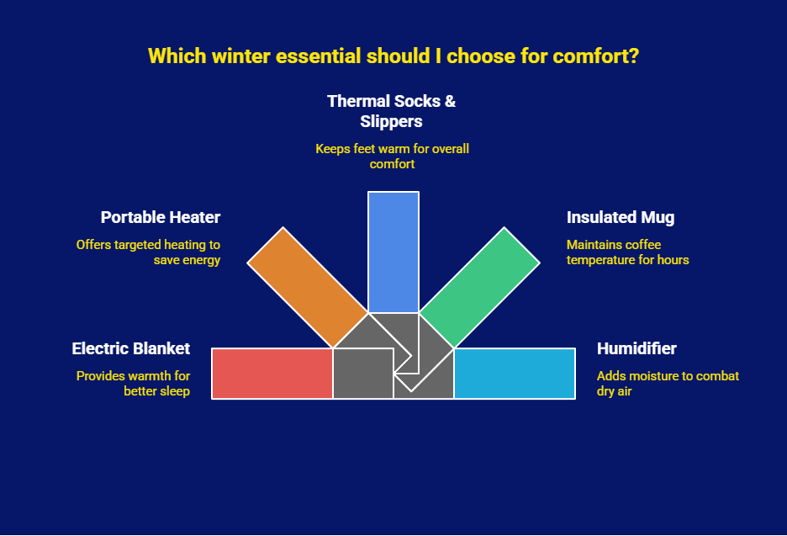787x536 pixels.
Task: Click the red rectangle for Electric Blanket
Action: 272,374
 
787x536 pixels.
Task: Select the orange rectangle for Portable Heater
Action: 308,287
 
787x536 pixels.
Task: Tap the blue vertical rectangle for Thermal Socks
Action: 393,252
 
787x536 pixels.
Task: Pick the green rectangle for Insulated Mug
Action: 479,287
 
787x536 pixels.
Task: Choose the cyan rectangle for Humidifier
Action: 515,374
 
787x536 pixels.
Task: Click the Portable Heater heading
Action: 161,217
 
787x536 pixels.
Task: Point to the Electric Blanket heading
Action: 131,348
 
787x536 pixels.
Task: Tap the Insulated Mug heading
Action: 621,217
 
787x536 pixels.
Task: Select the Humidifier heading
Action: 636,348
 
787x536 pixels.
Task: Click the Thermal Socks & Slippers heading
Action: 392,111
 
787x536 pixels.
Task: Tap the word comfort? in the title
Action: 596,56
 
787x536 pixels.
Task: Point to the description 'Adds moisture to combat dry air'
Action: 668,384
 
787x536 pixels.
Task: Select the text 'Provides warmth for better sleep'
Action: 133,384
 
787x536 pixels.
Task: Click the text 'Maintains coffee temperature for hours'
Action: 628,252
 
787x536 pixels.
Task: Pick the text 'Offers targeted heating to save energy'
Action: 148,252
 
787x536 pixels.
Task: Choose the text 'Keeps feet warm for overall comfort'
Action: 392,157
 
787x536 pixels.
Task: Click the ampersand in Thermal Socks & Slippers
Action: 450,101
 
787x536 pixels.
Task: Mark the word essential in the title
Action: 318,56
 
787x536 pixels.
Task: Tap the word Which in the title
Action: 177,56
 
